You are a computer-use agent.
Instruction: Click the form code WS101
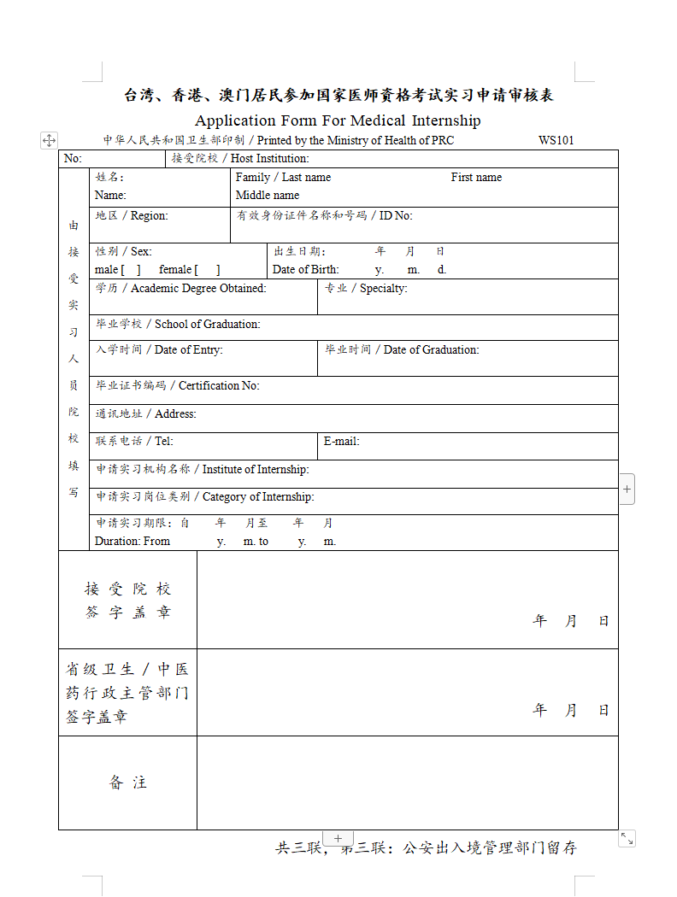click(556, 140)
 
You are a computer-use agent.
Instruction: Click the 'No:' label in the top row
click(73, 159)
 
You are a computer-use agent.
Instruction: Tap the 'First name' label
click(476, 178)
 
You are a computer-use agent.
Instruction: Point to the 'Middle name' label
click(268, 196)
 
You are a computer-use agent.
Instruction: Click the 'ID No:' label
click(396, 216)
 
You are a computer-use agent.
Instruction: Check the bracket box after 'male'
click(132, 270)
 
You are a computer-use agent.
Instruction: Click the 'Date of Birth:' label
click(306, 270)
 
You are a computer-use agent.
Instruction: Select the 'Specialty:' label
click(383, 289)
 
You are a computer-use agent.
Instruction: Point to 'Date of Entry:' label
click(189, 350)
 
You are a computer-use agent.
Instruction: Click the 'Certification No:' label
click(219, 386)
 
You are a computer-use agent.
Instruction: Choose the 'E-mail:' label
click(341, 442)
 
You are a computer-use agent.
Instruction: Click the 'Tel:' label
click(163, 442)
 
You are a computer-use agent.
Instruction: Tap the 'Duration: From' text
click(132, 542)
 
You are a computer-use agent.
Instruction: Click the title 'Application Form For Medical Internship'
click(338, 120)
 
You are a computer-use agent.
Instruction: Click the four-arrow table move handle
click(50, 140)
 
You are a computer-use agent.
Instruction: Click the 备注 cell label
click(127, 783)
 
